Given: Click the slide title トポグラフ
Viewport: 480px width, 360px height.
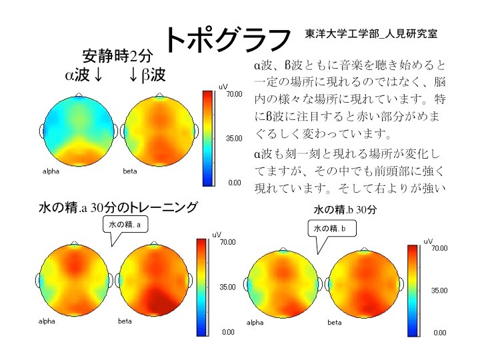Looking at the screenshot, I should (227, 39).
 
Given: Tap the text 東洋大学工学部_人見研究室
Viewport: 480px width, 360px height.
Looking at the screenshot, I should (371, 33).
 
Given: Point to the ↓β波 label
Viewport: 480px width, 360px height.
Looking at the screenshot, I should (147, 75).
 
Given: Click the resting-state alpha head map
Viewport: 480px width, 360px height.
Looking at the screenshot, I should (79, 131).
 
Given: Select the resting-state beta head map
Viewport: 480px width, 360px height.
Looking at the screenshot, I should (159, 131).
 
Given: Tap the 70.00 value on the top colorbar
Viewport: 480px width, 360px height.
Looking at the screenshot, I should (233, 94).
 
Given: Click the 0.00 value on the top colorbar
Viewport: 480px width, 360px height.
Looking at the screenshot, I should (234, 181).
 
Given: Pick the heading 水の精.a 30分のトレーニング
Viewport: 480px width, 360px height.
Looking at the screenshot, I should (119, 208).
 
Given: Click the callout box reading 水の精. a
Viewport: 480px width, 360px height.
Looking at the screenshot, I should (125, 225).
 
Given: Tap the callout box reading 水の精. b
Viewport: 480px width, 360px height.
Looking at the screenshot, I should (332, 229).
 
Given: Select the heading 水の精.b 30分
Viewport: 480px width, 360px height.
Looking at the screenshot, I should (345, 209).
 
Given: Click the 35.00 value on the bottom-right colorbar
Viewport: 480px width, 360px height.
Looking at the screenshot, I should (439, 291).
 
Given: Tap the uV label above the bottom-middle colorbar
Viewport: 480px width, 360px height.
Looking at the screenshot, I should (217, 235).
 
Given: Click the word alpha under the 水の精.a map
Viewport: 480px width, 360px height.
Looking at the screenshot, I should (47, 322).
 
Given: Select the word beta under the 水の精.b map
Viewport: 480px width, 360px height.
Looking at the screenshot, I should (335, 323).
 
